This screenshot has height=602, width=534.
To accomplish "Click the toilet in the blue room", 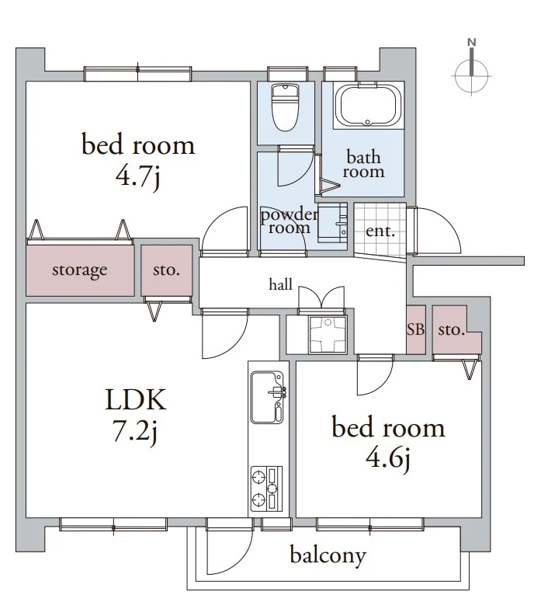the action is click(x=285, y=108).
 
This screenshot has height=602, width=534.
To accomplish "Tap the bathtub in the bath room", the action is click(x=367, y=105).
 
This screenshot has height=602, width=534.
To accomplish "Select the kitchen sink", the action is click(x=267, y=397).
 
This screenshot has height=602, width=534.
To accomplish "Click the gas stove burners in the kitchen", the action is click(x=267, y=489).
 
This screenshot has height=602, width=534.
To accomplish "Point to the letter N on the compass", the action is click(x=471, y=42).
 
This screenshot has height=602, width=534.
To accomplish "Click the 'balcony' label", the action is click(x=328, y=555).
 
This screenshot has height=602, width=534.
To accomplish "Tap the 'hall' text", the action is click(x=280, y=284).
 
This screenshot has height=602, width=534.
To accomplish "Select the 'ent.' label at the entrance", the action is click(x=380, y=231).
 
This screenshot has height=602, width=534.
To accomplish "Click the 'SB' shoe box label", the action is click(x=416, y=329).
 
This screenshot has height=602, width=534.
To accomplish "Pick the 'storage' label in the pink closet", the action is click(x=79, y=270).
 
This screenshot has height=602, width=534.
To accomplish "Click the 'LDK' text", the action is click(x=136, y=400).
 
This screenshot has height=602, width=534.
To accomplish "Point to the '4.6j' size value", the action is click(x=388, y=459).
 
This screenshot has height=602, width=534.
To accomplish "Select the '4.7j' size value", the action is click(x=137, y=176).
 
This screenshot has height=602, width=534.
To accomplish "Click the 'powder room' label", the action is click(x=290, y=221).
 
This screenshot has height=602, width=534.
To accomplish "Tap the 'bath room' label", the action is click(x=363, y=165).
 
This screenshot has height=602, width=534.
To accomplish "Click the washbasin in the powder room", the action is click(x=332, y=223).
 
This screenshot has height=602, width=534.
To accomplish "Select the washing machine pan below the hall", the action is click(x=328, y=335).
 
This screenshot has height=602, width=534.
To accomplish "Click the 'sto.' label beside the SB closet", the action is click(x=452, y=330).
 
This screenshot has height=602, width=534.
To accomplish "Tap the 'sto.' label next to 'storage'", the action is click(x=166, y=270).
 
